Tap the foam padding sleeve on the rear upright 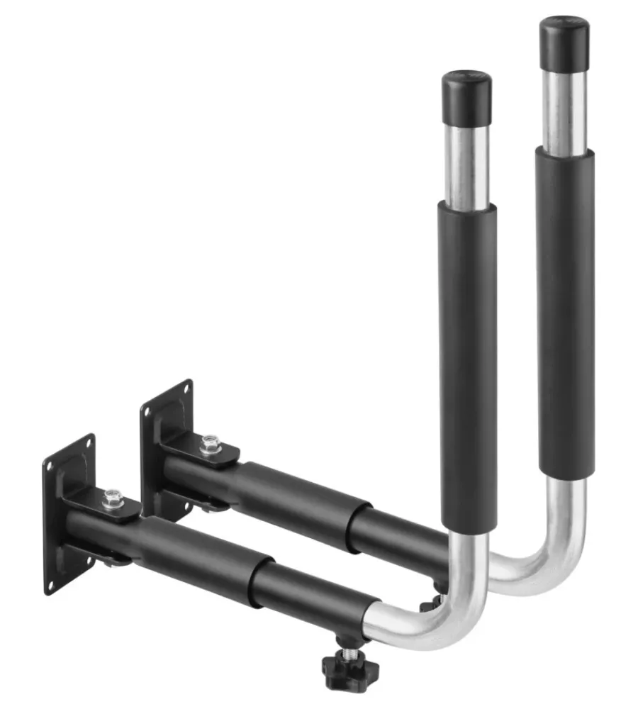565,312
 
